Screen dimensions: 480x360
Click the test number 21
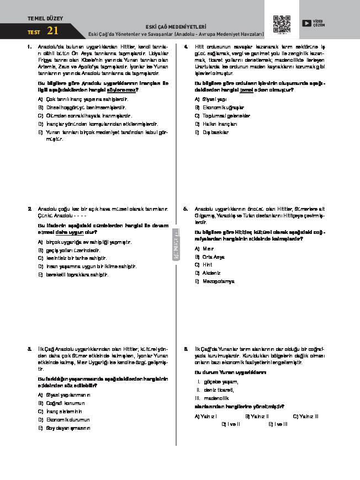pos(53,31)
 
